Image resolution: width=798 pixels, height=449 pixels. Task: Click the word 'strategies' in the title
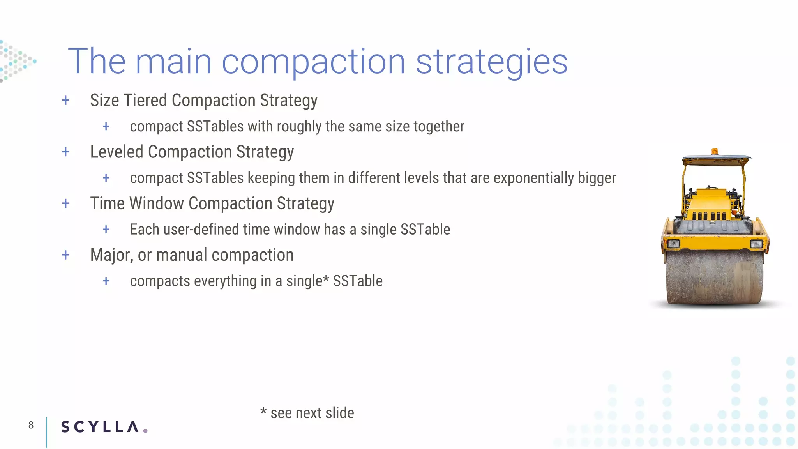click(x=491, y=62)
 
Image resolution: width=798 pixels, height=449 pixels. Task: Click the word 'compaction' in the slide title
click(x=313, y=62)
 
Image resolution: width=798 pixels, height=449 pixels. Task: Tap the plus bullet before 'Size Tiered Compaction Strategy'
click(x=65, y=101)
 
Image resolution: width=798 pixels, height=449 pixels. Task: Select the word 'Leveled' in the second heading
click(x=117, y=152)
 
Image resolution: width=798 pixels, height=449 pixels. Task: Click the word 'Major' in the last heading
click(x=111, y=255)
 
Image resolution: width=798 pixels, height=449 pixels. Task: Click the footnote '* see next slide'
click(x=307, y=413)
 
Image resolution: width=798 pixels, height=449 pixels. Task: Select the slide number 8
click(x=31, y=425)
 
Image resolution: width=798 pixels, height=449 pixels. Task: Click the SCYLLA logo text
click(x=100, y=427)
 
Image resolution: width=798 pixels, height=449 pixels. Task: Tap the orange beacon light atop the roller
click(x=714, y=151)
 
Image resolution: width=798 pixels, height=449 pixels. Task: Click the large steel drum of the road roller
click(x=714, y=277)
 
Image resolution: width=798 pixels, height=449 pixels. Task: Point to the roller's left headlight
click(x=673, y=244)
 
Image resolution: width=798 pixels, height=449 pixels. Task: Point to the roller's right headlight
click(x=756, y=244)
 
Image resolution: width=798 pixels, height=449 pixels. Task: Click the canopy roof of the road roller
click(x=716, y=160)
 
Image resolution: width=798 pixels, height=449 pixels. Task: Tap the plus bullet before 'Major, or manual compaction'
click(x=65, y=255)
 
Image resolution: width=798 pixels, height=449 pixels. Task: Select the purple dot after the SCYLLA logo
click(x=145, y=431)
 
